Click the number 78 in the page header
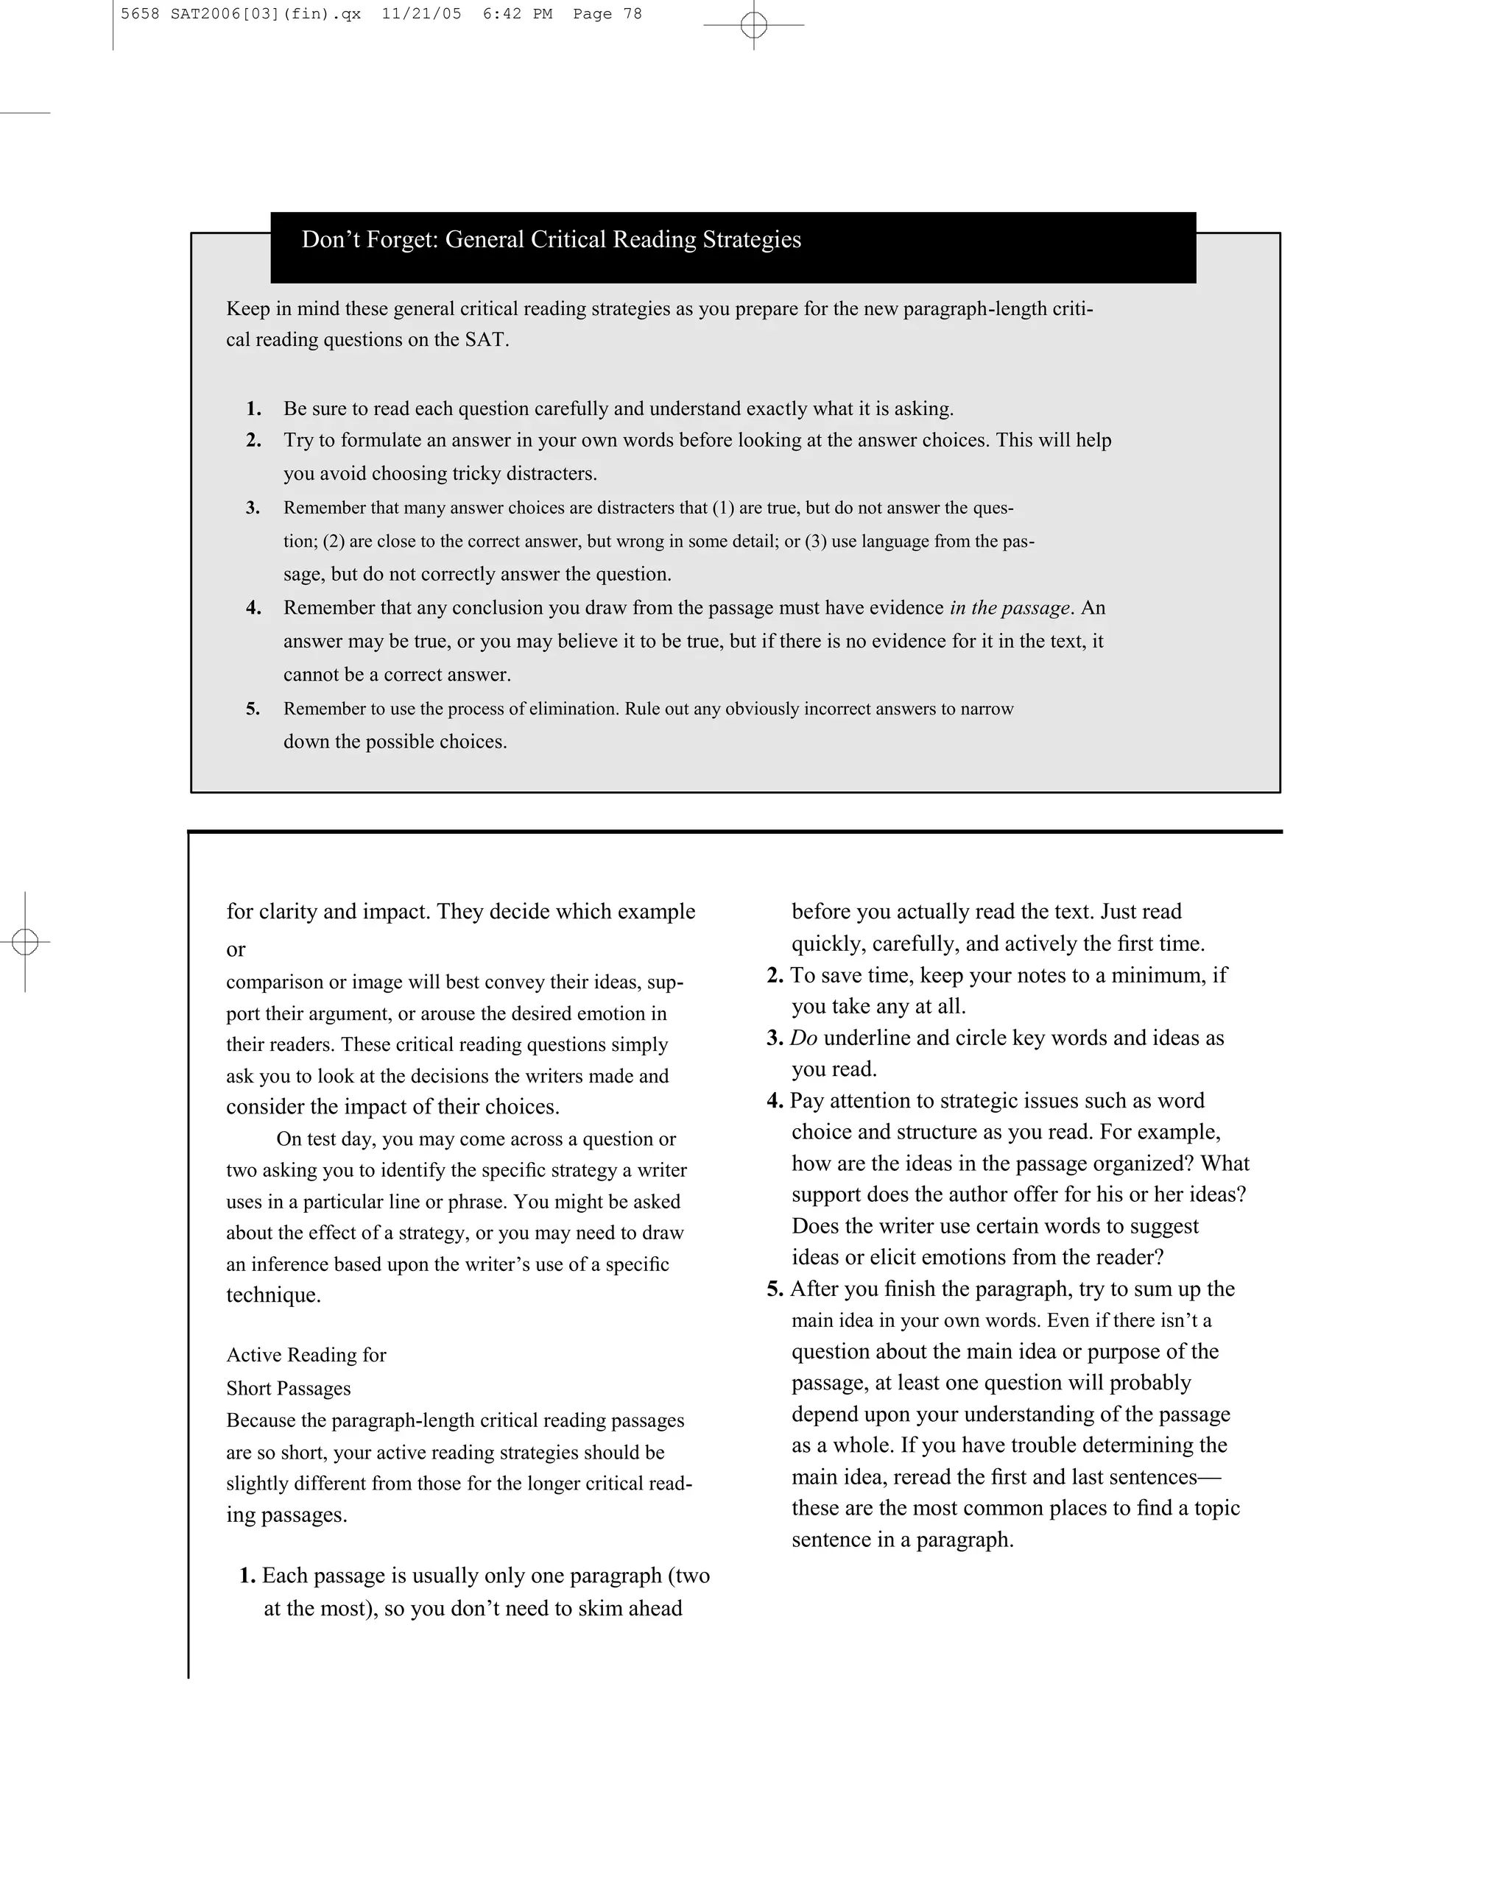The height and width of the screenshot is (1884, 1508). tap(632, 14)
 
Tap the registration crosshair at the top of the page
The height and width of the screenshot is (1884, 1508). tap(753, 25)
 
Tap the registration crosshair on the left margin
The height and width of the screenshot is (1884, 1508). tap(25, 942)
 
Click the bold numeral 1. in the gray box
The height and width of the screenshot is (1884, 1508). tap(253, 409)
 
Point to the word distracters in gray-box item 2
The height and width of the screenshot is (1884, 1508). tap(550, 474)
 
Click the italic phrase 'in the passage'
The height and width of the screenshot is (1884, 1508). tap(1010, 608)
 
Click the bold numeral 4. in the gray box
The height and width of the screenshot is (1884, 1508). tap(253, 608)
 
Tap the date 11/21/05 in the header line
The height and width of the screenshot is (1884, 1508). tap(421, 14)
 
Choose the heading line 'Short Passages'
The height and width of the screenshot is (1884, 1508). tap(289, 1389)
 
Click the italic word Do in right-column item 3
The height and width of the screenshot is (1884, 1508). tap(803, 1038)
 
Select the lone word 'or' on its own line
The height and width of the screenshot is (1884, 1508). tap(236, 949)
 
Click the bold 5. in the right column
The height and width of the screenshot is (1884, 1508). tap(775, 1289)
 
